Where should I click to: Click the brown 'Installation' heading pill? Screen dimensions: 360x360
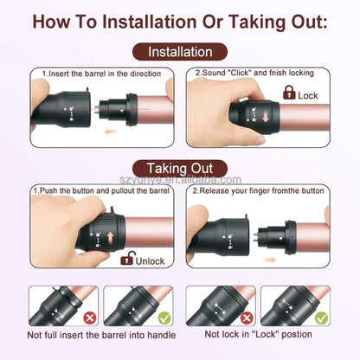pyautogui.click(x=180, y=52)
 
